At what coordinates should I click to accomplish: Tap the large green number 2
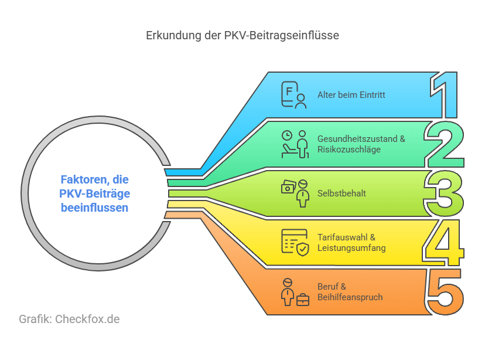pyautogui.click(x=445, y=143)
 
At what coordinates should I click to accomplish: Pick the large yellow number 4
pyautogui.click(x=443, y=242)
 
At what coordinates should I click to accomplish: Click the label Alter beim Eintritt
pyautogui.click(x=351, y=95)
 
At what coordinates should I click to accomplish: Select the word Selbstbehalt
pyautogui.click(x=341, y=193)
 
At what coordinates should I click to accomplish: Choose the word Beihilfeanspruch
pyautogui.click(x=350, y=297)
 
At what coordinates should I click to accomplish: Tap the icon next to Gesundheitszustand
pyautogui.click(x=294, y=144)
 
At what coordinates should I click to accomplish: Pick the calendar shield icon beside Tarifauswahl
pyautogui.click(x=295, y=242)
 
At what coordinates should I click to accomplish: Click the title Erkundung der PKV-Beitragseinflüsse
pyautogui.click(x=243, y=35)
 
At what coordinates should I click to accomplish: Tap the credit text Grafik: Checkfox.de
pyautogui.click(x=69, y=320)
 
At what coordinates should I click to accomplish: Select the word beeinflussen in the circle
pyautogui.click(x=94, y=207)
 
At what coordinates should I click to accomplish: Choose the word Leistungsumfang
pyautogui.click(x=351, y=247)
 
